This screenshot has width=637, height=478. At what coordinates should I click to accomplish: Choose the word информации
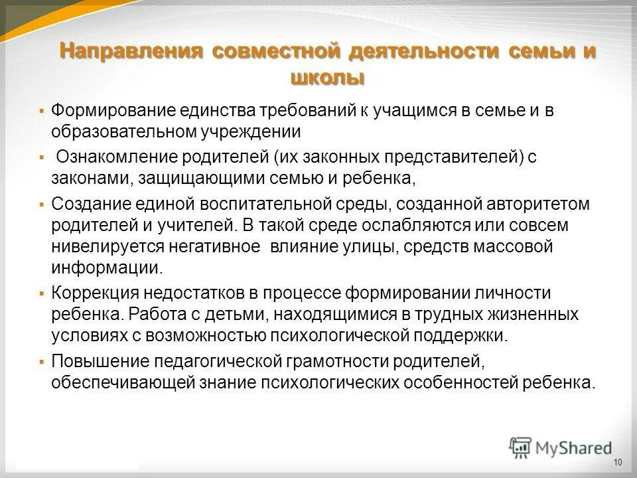coord(106,268)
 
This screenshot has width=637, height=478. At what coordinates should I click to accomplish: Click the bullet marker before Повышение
coord(42,362)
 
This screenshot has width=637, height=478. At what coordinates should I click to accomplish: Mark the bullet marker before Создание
coord(42,204)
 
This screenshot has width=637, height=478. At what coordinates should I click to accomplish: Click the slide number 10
coord(618,462)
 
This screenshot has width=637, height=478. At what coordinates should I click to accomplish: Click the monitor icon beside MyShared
coord(521,446)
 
